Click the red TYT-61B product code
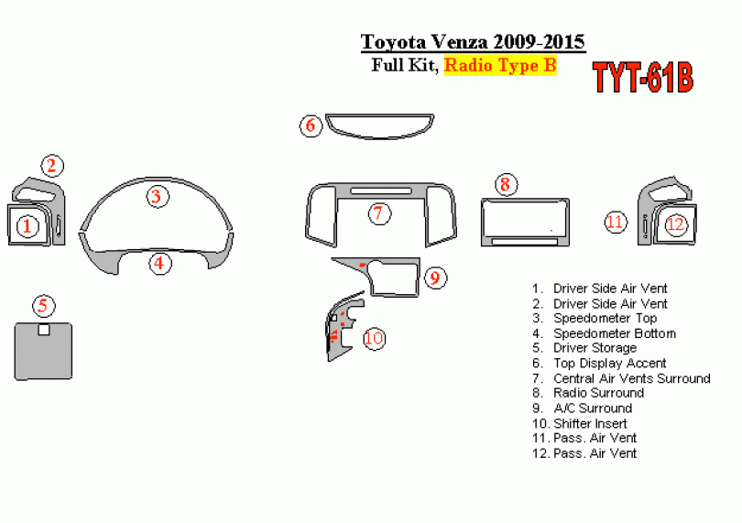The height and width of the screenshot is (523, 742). tap(643, 78)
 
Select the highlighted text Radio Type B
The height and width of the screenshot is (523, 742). tap(500, 65)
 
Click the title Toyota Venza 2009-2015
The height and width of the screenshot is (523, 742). tap(473, 41)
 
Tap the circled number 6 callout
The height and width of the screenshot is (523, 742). tap(311, 125)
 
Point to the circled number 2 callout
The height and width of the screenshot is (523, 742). tap(52, 166)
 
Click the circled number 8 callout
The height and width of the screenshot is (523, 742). tap(506, 184)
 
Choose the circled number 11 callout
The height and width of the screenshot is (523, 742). tap(616, 222)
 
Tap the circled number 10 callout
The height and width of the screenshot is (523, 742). tap(375, 338)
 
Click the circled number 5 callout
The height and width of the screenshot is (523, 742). tap(44, 305)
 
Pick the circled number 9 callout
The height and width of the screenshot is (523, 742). tap(435, 278)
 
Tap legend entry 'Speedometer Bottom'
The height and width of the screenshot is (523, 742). tap(615, 333)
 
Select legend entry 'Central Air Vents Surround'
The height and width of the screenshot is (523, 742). tap(632, 378)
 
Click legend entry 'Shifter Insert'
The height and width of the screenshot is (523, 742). tap(590, 423)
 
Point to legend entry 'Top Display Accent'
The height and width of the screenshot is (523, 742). tap(609, 364)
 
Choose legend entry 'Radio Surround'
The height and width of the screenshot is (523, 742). tap(598, 393)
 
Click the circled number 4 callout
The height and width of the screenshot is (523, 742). tap(160, 263)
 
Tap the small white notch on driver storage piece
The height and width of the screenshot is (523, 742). tap(44, 330)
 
